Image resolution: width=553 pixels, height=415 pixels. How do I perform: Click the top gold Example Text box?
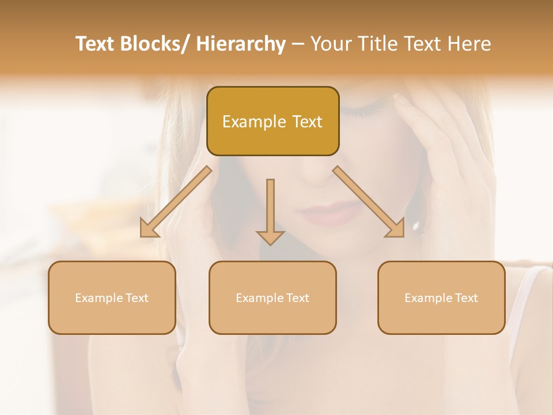272,122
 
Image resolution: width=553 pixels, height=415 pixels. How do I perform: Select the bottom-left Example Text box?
112,298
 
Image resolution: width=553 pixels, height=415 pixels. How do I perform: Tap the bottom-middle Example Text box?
272,298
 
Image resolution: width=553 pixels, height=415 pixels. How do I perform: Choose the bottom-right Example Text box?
441,298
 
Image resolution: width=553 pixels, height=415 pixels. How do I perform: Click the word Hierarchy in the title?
241,44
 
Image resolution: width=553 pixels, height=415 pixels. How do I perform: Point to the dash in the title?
298,44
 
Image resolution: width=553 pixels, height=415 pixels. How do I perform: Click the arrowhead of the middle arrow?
270,237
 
